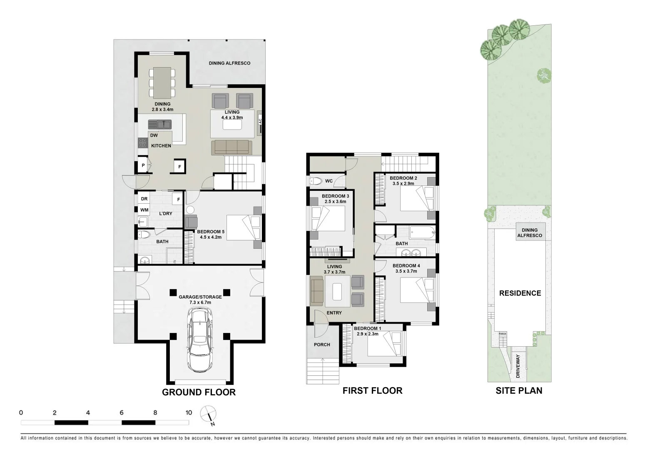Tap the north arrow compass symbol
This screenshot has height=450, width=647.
pyautogui.click(x=208, y=414)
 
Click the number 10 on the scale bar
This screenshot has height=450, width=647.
pyautogui.click(x=189, y=412)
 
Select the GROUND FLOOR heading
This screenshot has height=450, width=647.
pyautogui.click(x=199, y=392)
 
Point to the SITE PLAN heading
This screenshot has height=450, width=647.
pyautogui.click(x=519, y=390)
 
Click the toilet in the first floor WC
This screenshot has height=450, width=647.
pyautogui.click(x=316, y=181)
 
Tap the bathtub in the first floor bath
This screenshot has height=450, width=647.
pyautogui.click(x=422, y=232)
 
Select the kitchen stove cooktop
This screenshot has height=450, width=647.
pyautogui.click(x=143, y=143)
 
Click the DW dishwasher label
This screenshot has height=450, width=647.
pyautogui.click(x=154, y=135)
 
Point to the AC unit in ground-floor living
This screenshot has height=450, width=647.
pyautogui.click(x=260, y=121)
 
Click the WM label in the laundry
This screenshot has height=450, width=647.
pyautogui.click(x=144, y=210)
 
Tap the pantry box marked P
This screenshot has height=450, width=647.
pyautogui.click(x=143, y=166)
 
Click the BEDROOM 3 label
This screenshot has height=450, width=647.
pyautogui.click(x=335, y=196)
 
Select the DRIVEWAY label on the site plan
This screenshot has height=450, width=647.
pyautogui.click(x=518, y=366)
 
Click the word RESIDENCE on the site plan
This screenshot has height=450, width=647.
pyautogui.click(x=520, y=293)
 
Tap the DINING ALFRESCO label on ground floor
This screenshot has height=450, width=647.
pyautogui.click(x=229, y=63)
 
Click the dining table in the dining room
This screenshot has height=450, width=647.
pyautogui.click(x=162, y=82)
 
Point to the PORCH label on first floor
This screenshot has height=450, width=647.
pyautogui.click(x=322, y=345)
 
